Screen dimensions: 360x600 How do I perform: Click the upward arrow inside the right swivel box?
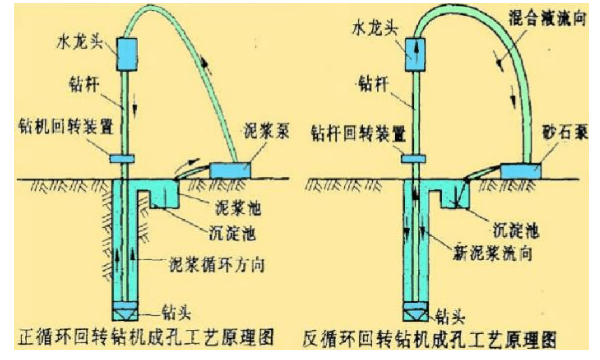click(x=415, y=51)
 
